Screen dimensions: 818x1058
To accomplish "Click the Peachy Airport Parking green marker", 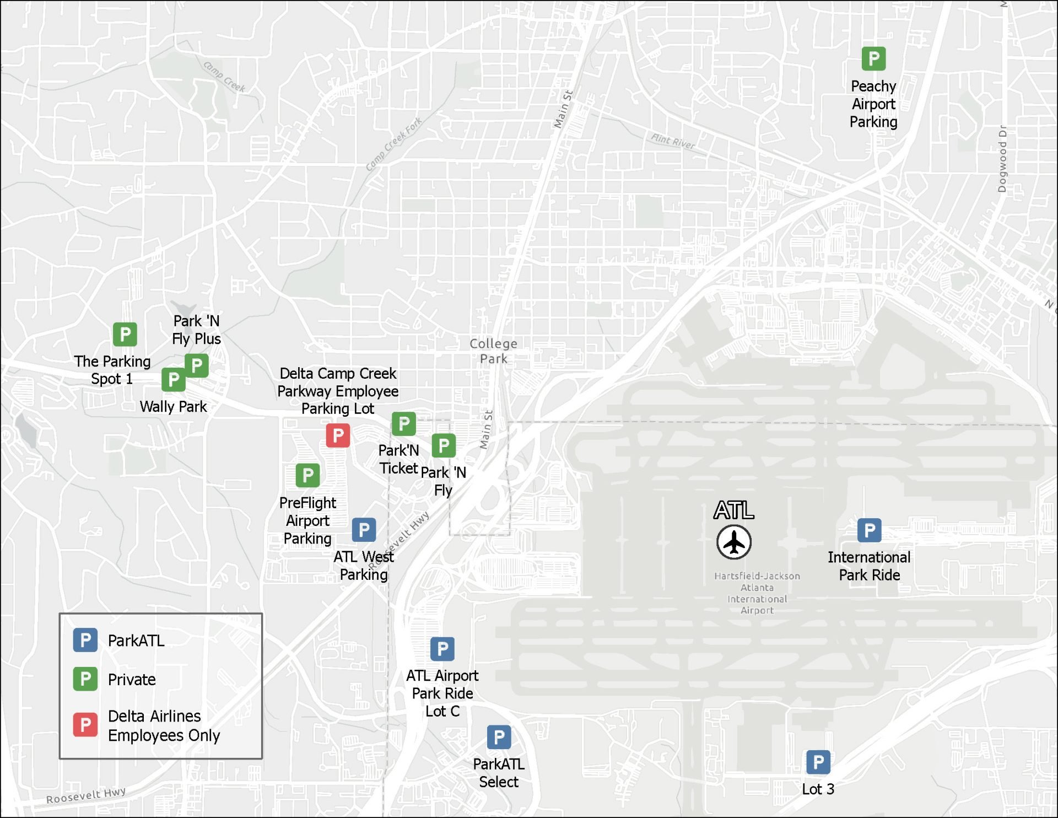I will (x=873, y=58).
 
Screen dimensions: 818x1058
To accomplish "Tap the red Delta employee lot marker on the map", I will (x=338, y=435).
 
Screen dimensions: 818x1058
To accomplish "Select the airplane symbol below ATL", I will (x=734, y=542).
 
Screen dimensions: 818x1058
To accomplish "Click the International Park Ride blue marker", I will (x=869, y=530).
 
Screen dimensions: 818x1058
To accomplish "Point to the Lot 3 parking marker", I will (x=818, y=762).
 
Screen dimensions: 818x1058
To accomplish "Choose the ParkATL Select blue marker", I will (x=499, y=737).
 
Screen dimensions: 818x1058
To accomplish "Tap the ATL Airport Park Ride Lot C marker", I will (x=442, y=649).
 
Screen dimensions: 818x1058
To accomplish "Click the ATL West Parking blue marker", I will (x=364, y=530).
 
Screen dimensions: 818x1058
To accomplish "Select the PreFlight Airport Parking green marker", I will (x=307, y=475).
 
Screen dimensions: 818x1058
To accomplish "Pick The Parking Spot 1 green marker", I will (x=125, y=334).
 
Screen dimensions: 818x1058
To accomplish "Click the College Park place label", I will (x=493, y=351).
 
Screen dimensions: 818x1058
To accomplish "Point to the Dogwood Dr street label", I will (x=1002, y=159).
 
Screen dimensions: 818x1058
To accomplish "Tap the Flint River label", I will (x=673, y=141).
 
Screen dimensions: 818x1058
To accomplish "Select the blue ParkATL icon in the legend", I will (x=85, y=640).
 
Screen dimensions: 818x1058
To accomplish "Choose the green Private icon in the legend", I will (x=85, y=679).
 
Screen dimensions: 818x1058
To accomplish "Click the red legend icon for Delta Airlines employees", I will (x=85, y=725).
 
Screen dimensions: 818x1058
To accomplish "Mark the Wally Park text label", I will (x=173, y=407).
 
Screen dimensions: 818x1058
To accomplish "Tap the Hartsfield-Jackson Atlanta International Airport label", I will (x=757, y=593).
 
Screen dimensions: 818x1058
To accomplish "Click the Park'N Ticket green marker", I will (x=403, y=424).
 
